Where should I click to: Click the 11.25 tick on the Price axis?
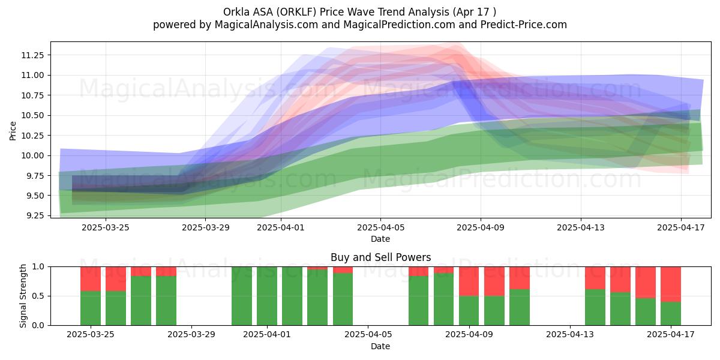pos(32,55)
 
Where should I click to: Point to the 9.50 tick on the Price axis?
pos(32,196)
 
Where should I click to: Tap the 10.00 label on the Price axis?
pos(32,155)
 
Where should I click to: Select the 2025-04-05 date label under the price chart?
pos(380,227)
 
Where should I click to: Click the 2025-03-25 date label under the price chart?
pos(106,227)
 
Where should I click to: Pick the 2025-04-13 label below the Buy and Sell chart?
pos(570,334)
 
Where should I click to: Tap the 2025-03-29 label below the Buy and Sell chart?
pos(191,334)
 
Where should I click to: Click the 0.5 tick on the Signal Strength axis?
pos(38,296)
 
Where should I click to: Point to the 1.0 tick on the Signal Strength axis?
pos(38,267)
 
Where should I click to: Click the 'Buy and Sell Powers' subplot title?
pos(380,257)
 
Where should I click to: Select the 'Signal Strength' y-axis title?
pos(23,296)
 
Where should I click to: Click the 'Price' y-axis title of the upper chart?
pos(13,131)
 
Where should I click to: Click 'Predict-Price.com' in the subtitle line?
pos(524,25)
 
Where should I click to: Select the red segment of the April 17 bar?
pos(671,284)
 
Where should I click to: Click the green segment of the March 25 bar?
pos(91,308)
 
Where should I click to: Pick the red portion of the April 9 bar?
pos(469,281)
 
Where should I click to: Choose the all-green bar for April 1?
pos(267,296)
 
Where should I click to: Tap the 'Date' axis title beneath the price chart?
pos(380,239)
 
